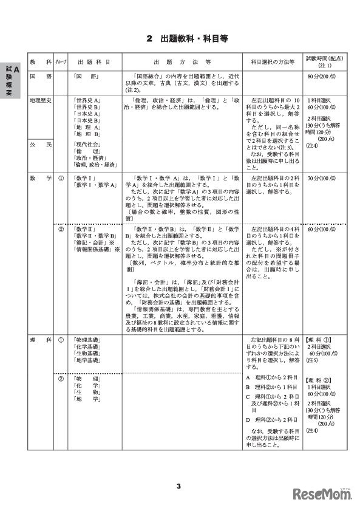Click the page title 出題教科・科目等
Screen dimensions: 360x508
(189, 39)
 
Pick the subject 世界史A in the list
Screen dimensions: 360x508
(86, 99)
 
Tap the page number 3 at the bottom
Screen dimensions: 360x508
(180, 486)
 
